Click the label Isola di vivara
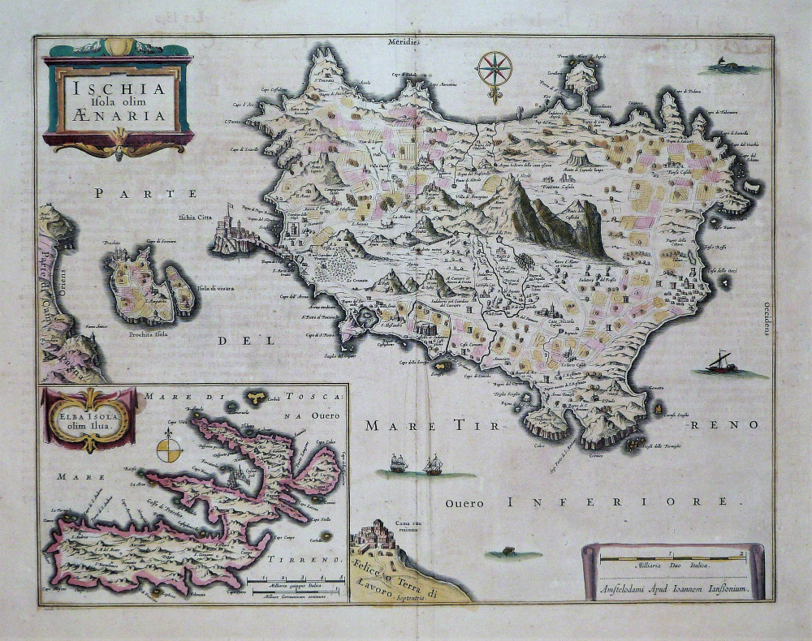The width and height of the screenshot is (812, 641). pos(214,290)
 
